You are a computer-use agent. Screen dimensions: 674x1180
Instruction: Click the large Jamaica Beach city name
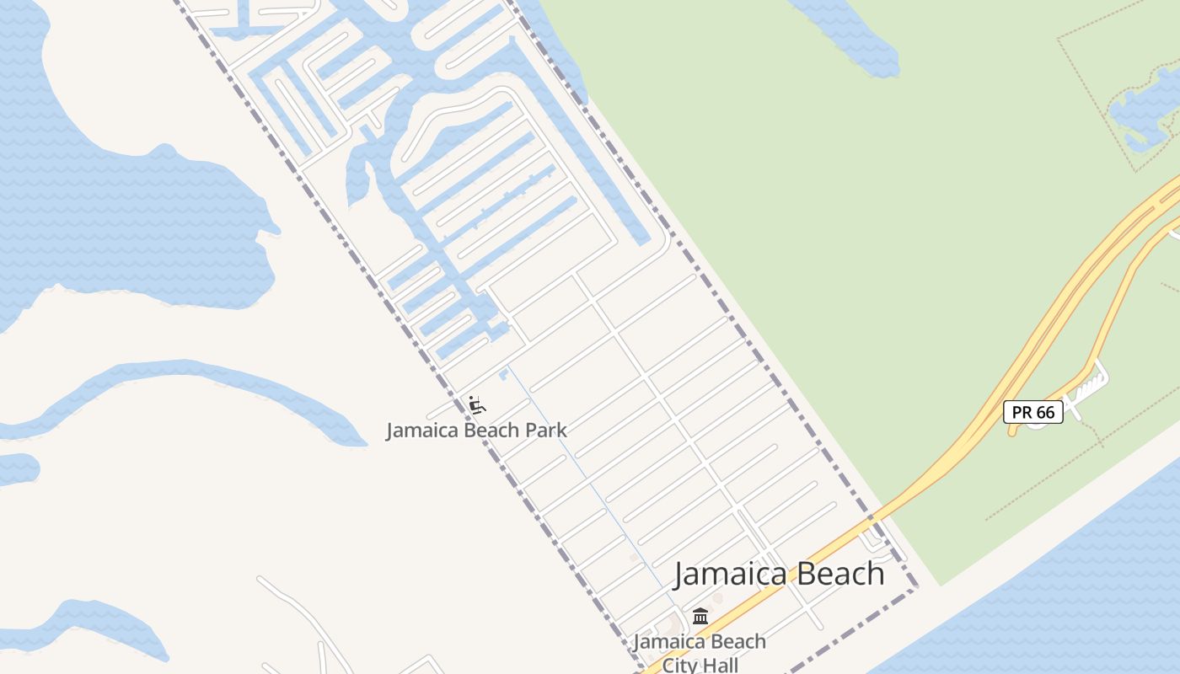point(779,575)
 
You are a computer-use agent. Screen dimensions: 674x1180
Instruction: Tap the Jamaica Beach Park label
point(476,431)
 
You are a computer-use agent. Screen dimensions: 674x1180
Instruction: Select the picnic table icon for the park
point(477,405)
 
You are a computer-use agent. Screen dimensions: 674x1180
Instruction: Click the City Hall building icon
point(700,617)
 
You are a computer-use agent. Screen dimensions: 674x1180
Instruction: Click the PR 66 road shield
point(1032,412)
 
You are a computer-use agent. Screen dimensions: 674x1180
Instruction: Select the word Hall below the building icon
point(719,665)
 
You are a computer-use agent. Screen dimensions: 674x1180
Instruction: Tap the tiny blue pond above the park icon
point(504,372)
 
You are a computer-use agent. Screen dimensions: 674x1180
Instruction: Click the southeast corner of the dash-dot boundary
point(916,589)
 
